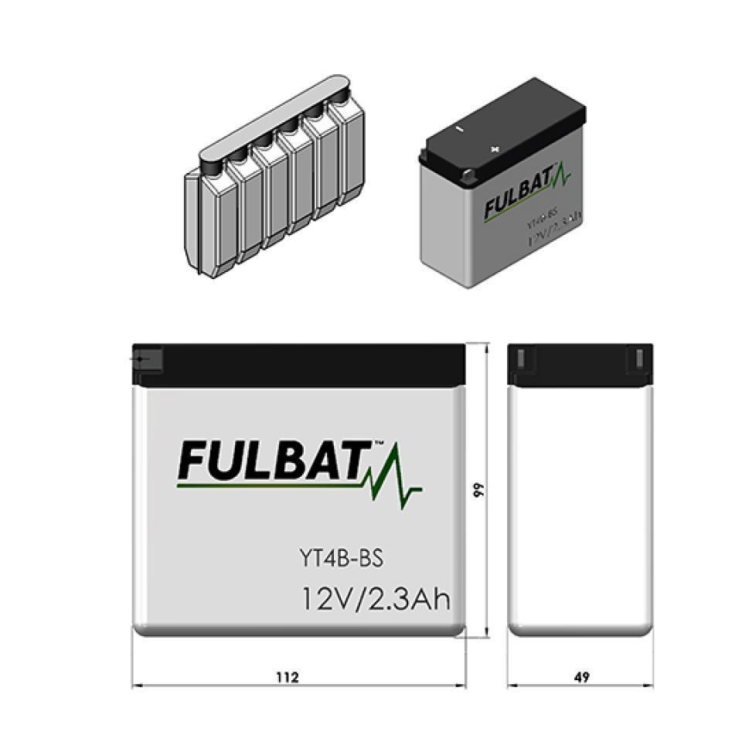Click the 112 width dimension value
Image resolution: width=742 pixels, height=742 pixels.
point(287,677)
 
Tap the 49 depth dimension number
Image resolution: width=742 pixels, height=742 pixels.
point(582,677)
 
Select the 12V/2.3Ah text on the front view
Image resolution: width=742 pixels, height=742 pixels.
point(376,599)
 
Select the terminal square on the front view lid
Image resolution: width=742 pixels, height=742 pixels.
point(147,360)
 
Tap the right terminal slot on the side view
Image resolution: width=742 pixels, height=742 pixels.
point(640,359)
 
